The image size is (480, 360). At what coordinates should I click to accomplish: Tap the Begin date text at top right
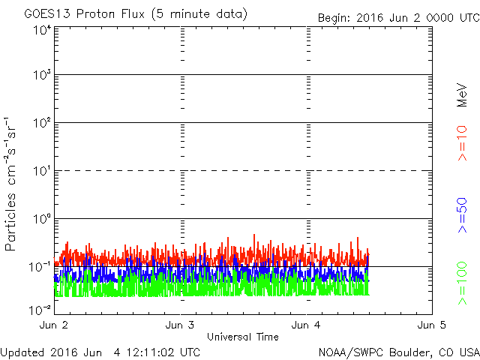click(398, 18)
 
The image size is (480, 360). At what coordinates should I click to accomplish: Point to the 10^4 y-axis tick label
click(42, 30)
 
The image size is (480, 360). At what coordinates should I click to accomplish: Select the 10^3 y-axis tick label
click(42, 74)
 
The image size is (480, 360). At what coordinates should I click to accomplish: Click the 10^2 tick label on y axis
click(42, 122)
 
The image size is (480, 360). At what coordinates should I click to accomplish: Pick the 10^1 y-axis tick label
click(42, 170)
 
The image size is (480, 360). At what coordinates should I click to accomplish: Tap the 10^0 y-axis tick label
click(42, 218)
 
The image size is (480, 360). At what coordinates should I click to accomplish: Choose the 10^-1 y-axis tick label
click(40, 267)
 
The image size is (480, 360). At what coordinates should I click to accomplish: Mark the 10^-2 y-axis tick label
click(40, 310)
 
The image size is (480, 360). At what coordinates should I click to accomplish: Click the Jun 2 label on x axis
click(53, 325)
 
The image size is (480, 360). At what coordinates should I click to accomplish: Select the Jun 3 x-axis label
click(180, 325)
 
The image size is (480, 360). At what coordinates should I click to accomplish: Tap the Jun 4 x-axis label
click(306, 325)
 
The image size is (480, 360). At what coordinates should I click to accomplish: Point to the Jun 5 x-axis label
click(432, 325)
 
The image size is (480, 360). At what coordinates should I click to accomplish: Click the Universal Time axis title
click(243, 337)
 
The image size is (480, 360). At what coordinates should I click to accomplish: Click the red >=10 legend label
click(462, 143)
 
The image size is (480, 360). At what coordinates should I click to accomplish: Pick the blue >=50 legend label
click(462, 215)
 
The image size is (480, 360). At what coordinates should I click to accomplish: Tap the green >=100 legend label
click(462, 283)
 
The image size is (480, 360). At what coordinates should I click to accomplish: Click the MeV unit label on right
click(462, 95)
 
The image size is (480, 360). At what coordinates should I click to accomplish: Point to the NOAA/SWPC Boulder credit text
click(399, 352)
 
